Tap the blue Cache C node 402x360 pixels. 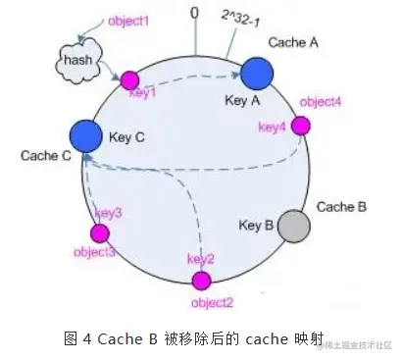click(x=86, y=135)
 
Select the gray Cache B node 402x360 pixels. click(x=293, y=227)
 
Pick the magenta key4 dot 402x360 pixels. click(x=301, y=126)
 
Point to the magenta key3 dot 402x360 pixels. click(x=99, y=233)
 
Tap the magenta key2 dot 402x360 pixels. click(x=202, y=282)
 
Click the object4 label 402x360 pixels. click(x=321, y=102)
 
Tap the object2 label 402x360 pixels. click(x=211, y=302)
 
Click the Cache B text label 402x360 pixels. click(x=342, y=207)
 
